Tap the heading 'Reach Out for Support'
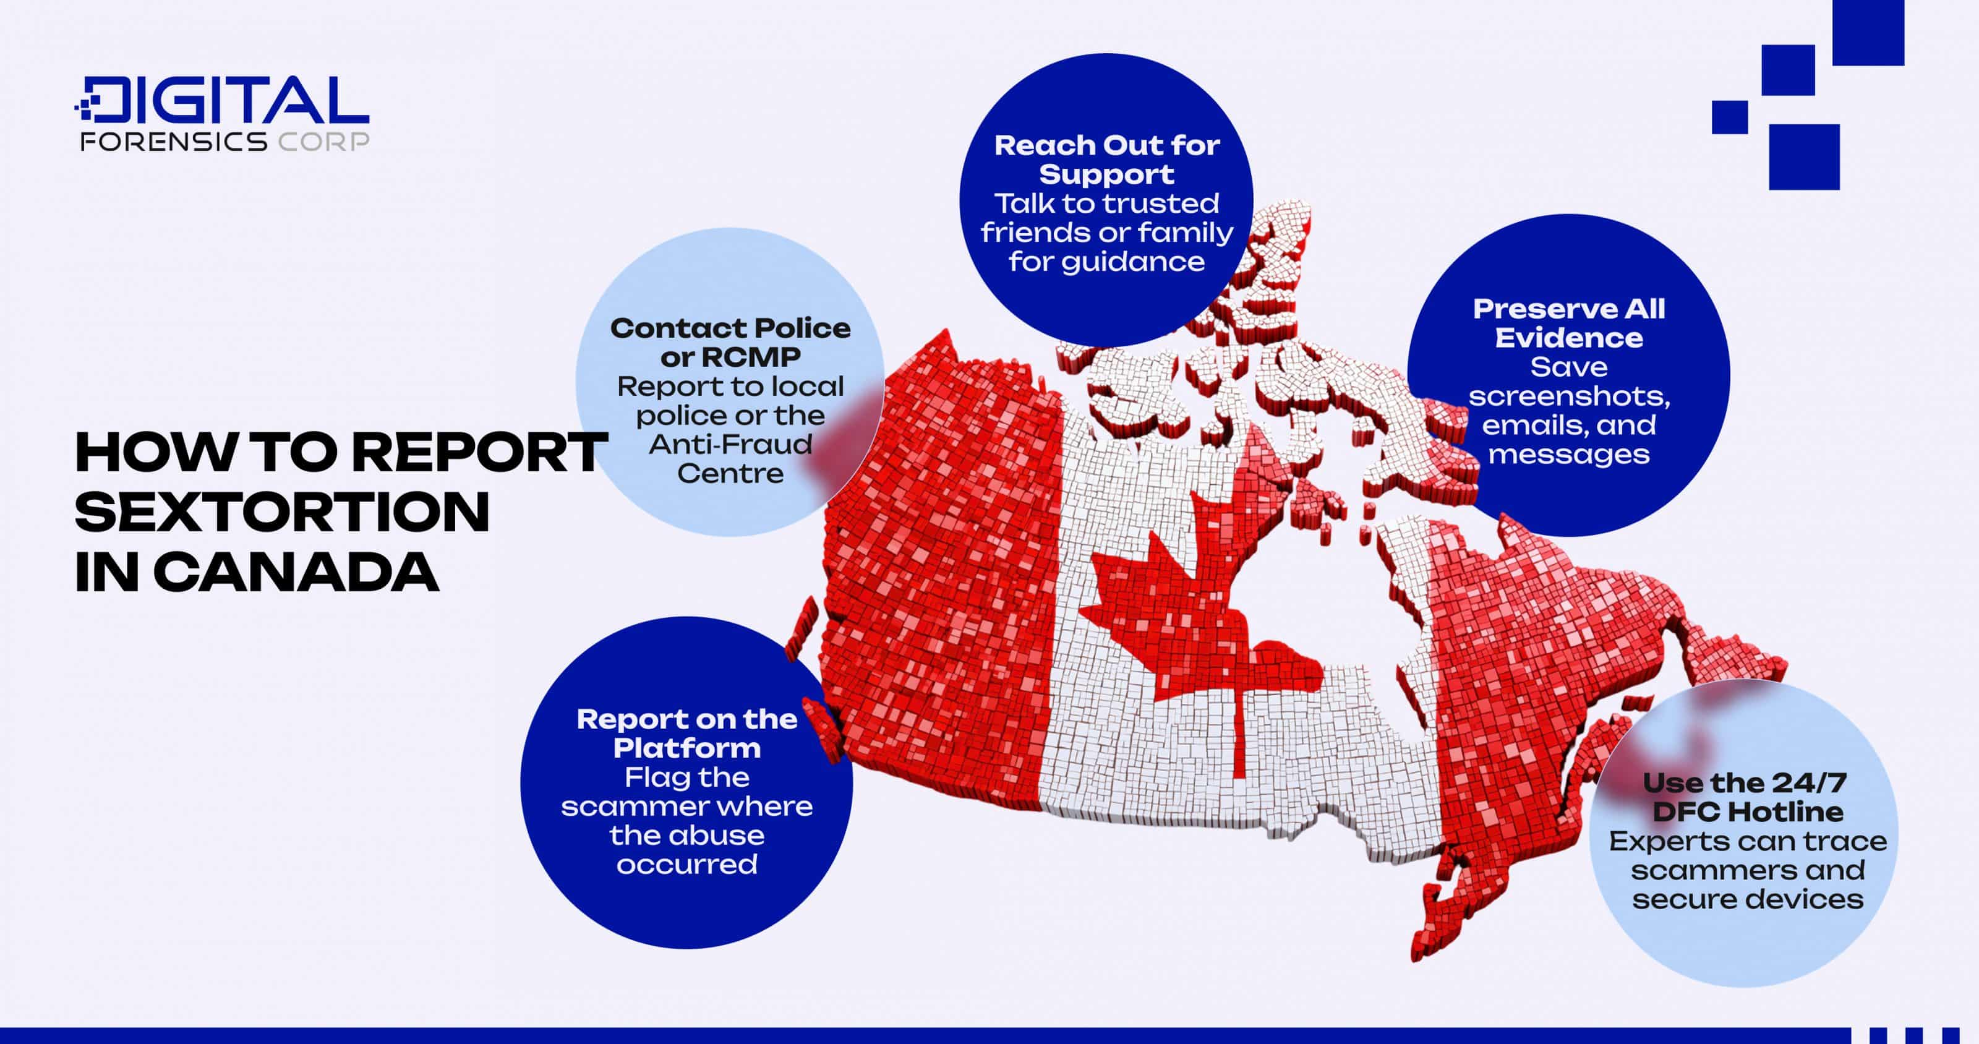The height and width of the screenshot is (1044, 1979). pos(1106,160)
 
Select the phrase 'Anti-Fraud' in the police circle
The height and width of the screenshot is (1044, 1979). pos(730,444)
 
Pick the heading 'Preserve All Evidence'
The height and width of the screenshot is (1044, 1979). pos(1569,323)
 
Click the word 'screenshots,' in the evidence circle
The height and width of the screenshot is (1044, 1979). pos(1569,396)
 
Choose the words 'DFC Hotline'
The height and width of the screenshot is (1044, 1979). pos(1747,812)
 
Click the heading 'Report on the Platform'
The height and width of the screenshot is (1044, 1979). pos(687,734)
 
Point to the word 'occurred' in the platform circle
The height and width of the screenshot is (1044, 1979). pos(687,865)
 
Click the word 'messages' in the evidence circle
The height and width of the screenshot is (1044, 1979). pos(1569,455)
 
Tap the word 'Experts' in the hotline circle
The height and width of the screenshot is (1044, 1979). pos(1660,841)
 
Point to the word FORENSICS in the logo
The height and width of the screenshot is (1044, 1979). pos(174,142)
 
